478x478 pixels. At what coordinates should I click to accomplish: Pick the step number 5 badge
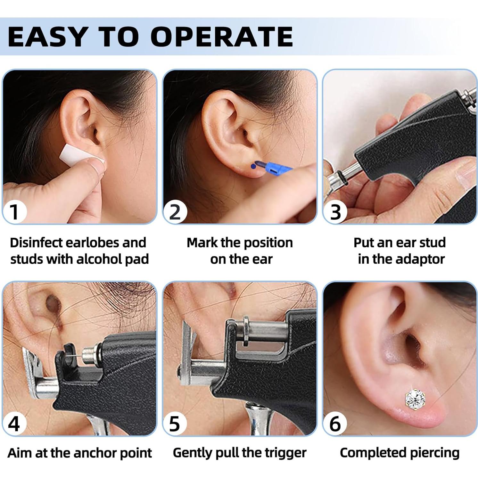click(175, 424)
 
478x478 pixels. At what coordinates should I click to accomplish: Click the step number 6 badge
click(335, 424)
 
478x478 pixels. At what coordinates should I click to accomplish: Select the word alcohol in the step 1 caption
click(99, 259)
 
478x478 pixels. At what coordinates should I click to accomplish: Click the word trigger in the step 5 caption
click(286, 453)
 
